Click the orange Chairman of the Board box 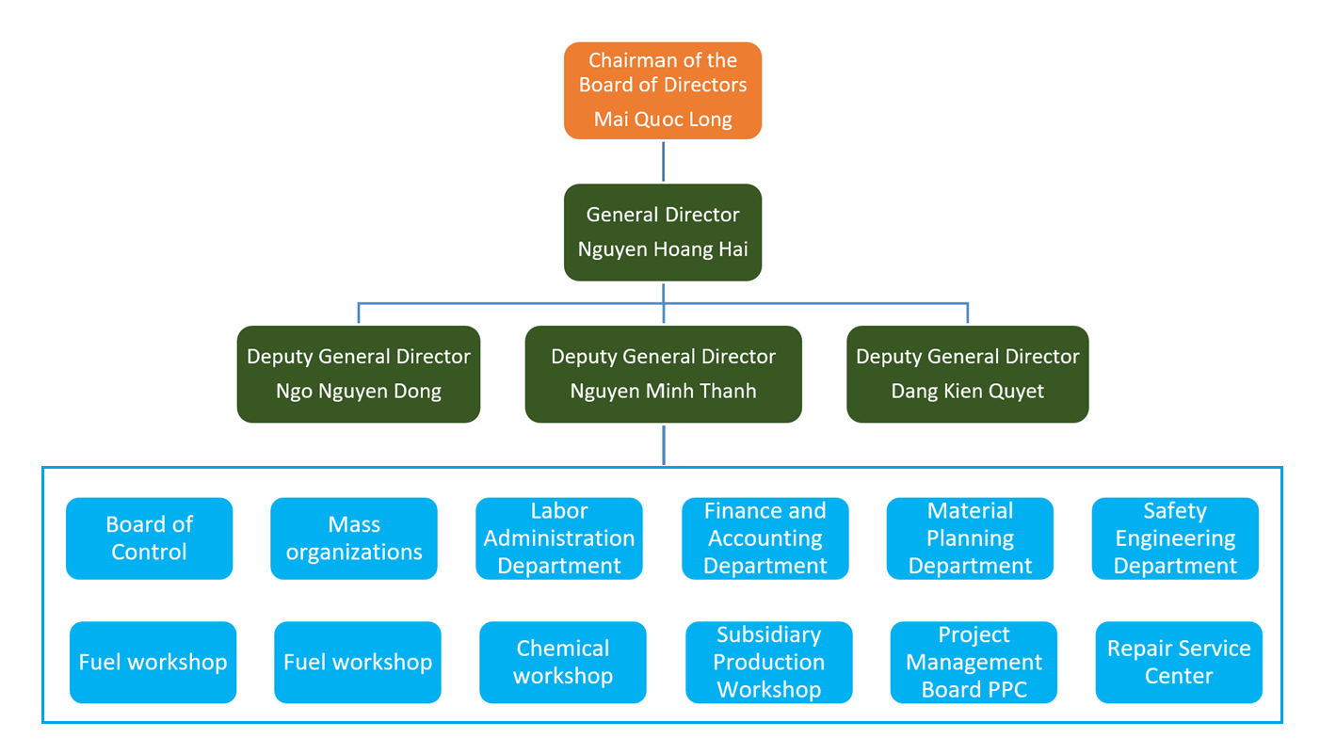coord(663,90)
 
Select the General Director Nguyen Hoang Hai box coord(663,232)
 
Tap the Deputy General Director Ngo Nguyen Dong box coord(359,374)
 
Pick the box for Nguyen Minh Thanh coord(663,374)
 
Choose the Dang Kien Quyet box coord(968,374)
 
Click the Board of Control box coord(149,538)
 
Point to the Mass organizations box coord(354,538)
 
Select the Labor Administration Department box coord(559,538)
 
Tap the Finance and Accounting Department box coord(765,538)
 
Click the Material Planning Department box coord(970,538)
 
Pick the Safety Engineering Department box coord(1175,538)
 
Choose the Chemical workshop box coord(563,662)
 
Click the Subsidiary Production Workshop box coord(768,662)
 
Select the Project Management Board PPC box coord(974,662)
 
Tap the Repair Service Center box coord(1179,662)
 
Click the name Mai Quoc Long coord(663,120)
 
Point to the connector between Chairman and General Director coord(664,161)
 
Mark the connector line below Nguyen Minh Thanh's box coord(664,444)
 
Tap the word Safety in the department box coord(1174,511)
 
